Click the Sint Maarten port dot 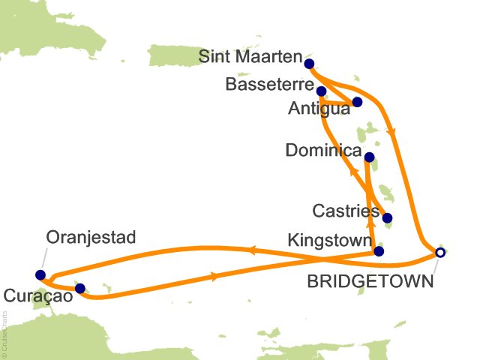309,64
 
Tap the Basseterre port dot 322,91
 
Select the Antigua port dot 357,102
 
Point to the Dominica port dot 368,157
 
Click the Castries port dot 388,220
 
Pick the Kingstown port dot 379,251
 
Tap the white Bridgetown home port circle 440,253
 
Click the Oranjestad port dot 40,274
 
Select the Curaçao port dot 80,288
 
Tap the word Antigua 319,109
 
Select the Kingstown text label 328,241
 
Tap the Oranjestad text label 91,239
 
